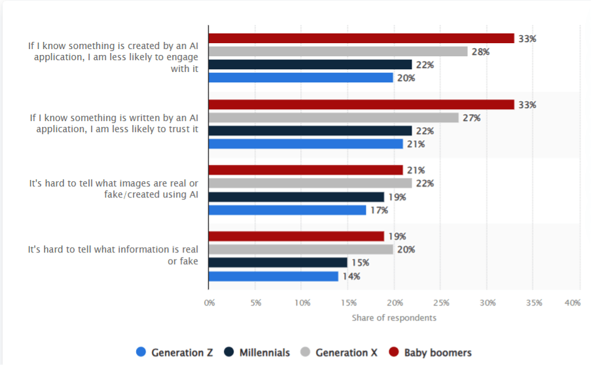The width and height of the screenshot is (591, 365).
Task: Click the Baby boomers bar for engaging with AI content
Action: point(361,39)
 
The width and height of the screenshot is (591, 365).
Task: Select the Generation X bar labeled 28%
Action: point(338,52)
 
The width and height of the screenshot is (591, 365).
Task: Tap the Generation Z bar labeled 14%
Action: point(274,276)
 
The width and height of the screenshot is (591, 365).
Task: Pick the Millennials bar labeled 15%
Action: point(278,262)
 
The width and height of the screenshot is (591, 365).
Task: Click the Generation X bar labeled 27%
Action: point(333,118)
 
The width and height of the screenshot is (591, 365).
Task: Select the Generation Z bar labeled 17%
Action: point(287,210)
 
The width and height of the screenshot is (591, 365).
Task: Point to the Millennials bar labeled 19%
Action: point(296,197)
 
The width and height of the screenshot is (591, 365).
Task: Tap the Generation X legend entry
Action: point(338,353)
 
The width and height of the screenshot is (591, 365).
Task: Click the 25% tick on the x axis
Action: point(440,303)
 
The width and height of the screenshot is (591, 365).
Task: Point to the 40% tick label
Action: point(572,303)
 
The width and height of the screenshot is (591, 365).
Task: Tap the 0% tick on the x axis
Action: point(209,303)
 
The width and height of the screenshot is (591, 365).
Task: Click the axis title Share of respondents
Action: point(394,318)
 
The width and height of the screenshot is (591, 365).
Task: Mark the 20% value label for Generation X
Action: point(406,249)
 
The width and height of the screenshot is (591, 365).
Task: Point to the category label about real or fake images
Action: point(113,189)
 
